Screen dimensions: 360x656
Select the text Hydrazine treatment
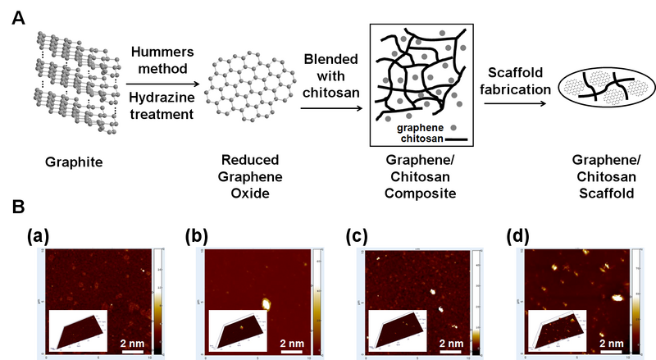[159, 105]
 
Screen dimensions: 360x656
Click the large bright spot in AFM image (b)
[266, 303]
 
